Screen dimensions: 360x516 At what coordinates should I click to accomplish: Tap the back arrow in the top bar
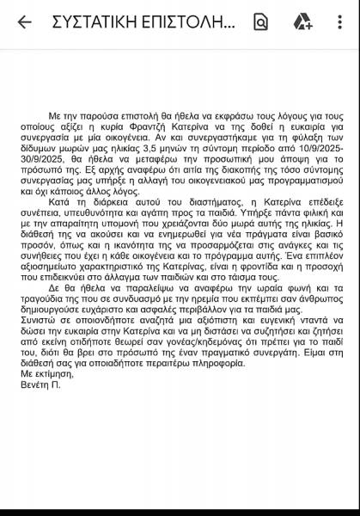click(x=24, y=22)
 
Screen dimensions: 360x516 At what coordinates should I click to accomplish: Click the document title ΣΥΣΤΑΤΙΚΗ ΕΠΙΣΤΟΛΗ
click(x=142, y=22)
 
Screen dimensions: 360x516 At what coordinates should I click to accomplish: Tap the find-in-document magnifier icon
click(x=261, y=22)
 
